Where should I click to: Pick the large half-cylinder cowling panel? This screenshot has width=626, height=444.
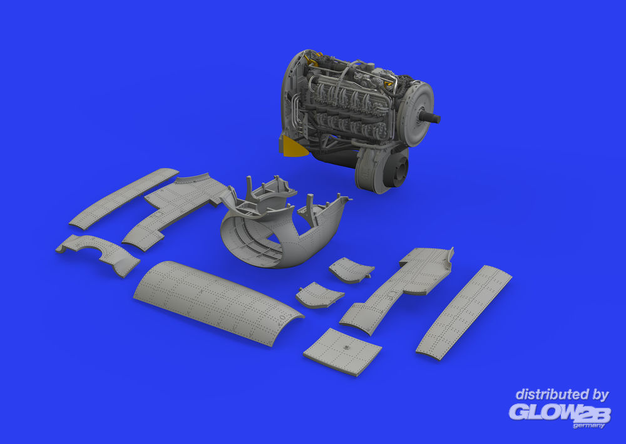tap(218, 303)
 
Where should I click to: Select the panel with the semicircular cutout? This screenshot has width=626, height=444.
tap(98, 254)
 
